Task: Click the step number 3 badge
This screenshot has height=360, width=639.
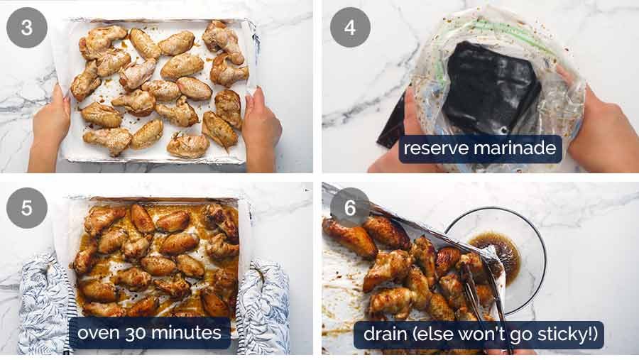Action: (26, 27)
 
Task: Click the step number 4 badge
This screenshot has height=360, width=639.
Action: (349, 27)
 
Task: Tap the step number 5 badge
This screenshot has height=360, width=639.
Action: (26, 207)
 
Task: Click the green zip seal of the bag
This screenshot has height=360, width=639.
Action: (497, 28)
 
